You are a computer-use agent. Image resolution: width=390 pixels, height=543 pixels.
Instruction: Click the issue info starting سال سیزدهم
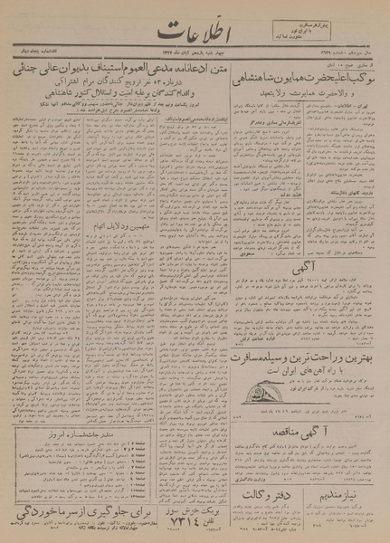tap(347, 58)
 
